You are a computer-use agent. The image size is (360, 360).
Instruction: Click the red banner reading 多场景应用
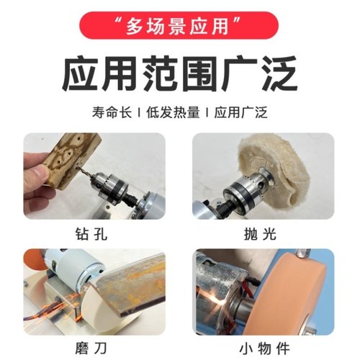tap(179, 29)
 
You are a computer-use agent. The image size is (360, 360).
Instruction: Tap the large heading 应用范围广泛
tap(179, 74)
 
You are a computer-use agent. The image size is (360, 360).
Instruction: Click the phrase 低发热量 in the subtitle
tap(169, 112)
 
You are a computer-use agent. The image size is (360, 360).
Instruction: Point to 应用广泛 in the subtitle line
tap(239, 112)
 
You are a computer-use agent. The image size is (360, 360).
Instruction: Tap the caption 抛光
tap(264, 233)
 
